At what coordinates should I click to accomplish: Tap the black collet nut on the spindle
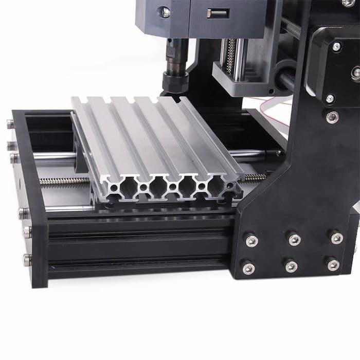point(175,81)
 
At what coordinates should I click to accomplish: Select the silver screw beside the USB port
point(165,12)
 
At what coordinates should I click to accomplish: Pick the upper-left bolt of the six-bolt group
point(251,240)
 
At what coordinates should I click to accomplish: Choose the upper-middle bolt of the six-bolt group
point(294,239)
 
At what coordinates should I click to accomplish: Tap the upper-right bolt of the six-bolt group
point(336,238)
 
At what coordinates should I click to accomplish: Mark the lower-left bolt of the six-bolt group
point(248,268)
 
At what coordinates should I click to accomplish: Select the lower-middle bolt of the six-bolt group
point(291,266)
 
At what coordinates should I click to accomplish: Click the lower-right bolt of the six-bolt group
point(333,264)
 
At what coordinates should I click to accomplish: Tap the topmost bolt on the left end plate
point(10,124)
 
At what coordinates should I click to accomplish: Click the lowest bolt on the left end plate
point(27,260)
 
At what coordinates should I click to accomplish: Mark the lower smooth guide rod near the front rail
point(67,209)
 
